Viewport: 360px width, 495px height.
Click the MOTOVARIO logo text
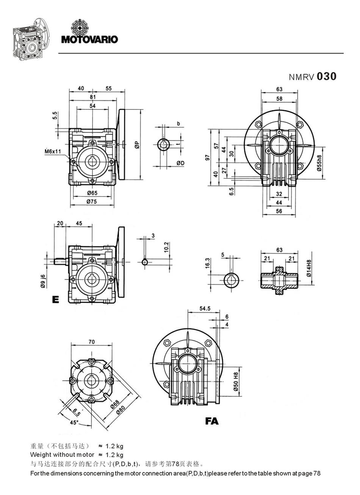point(89,39)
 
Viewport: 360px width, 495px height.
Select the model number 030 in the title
point(326,77)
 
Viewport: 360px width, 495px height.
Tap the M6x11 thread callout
point(52,151)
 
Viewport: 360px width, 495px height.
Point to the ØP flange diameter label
point(137,145)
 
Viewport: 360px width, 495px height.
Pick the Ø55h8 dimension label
point(320,164)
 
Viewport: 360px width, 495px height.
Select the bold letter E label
point(56,300)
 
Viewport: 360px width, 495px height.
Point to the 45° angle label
point(74,422)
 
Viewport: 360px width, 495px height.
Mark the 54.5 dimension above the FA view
point(205,309)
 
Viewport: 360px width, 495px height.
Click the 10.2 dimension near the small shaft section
point(166,247)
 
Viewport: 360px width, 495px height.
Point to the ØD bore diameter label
point(180,163)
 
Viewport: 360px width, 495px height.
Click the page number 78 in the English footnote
point(317,473)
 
